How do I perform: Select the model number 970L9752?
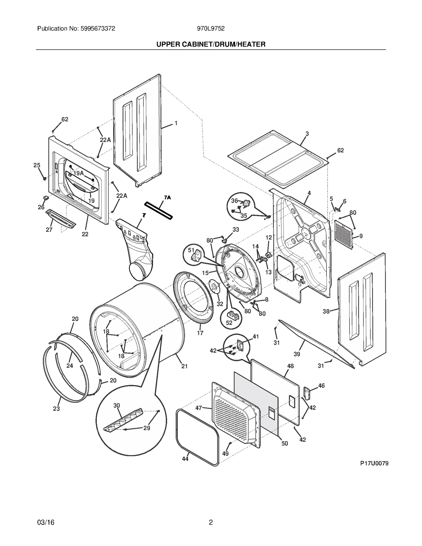tap(210, 28)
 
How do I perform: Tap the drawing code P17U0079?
tap(374, 463)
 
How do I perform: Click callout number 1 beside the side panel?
tap(176, 123)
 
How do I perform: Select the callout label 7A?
tap(167, 197)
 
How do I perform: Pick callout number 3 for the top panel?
tap(307, 134)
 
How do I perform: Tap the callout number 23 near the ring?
tap(56, 408)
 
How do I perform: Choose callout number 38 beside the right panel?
tap(326, 311)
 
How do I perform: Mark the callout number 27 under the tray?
tap(49, 230)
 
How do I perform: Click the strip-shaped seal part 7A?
tap(158, 211)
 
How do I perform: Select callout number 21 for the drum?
tap(184, 366)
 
